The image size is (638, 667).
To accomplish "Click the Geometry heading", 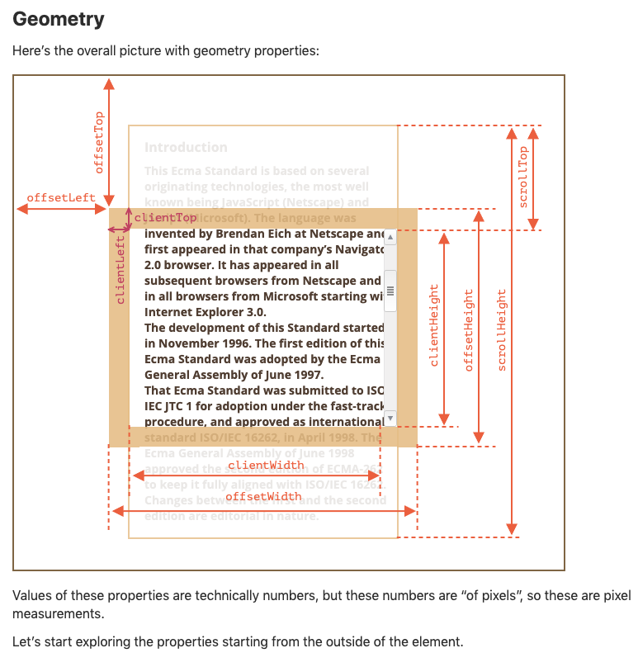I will pyautogui.click(x=57, y=19).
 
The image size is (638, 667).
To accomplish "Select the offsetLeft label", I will pyautogui.click(x=61, y=198).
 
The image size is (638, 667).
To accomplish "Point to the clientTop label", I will pyautogui.click(x=166, y=217).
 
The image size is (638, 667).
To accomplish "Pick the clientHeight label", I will pyautogui.click(x=434, y=325).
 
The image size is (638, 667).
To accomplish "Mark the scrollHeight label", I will pyautogui.click(x=502, y=329).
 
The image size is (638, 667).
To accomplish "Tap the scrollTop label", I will pyautogui.click(x=522, y=177).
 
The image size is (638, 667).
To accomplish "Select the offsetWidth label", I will pyautogui.click(x=263, y=496).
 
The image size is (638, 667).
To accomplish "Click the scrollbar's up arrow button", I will pyautogui.click(x=390, y=237).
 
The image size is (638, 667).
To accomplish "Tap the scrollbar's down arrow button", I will pyautogui.click(x=390, y=418).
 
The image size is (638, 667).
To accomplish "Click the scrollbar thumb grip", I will pyautogui.click(x=390, y=291).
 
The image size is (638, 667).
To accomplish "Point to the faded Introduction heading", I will pyautogui.click(x=186, y=147).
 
